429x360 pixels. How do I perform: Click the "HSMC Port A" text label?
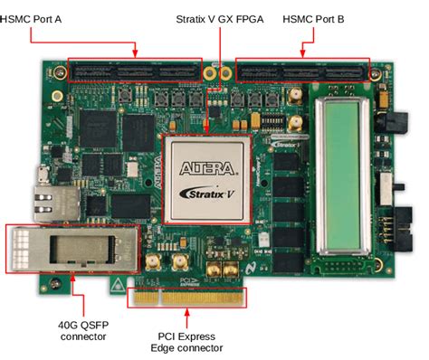tap(37, 18)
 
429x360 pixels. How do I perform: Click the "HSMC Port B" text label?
tap(312, 18)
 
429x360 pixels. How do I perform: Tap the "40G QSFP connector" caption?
tap(78, 330)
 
